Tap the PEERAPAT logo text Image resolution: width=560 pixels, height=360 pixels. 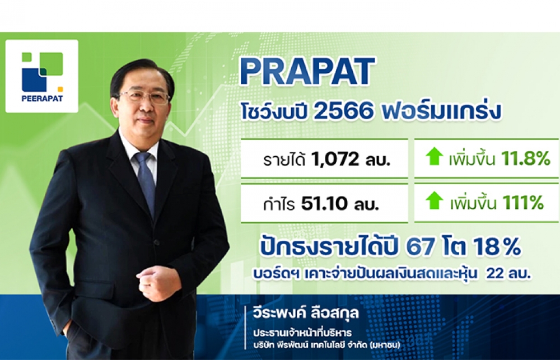tap(42, 98)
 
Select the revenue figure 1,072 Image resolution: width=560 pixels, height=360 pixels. tap(335, 159)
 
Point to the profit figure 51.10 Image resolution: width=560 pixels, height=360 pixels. tap(324, 204)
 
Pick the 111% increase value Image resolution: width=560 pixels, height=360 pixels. tap(523, 203)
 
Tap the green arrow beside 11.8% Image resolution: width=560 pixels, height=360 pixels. tap(435, 157)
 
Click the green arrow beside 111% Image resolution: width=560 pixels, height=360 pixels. tap(435, 200)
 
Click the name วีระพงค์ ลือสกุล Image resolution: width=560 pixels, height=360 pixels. tap(305, 314)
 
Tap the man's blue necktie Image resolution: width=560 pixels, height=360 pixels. tap(146, 182)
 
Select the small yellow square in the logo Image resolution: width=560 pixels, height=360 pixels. tap(60, 89)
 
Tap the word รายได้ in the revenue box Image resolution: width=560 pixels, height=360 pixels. tap(284, 160)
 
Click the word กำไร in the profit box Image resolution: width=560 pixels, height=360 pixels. tap(279, 204)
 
